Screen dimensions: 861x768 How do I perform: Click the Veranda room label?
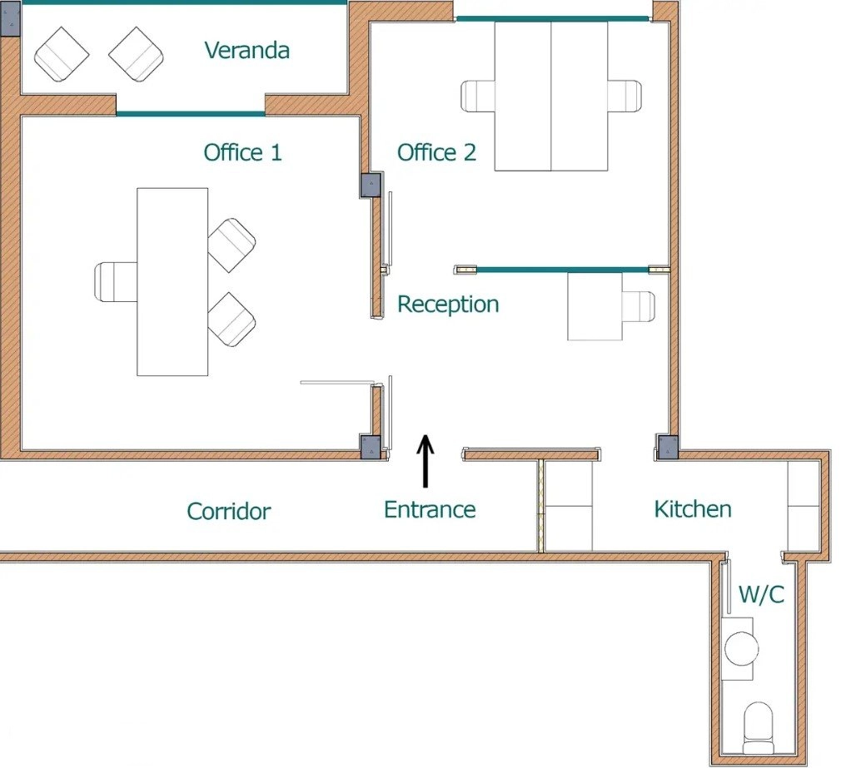pyautogui.click(x=247, y=51)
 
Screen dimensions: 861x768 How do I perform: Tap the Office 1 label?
pyautogui.click(x=242, y=152)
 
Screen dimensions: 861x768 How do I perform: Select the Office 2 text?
pyautogui.click(x=436, y=152)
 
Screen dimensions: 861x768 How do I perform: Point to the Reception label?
pyautogui.click(x=448, y=305)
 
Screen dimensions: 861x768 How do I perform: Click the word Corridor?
pyautogui.click(x=229, y=511)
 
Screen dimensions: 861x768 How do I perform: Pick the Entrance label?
pyautogui.click(x=430, y=509)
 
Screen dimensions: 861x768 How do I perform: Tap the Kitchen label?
pyautogui.click(x=693, y=509)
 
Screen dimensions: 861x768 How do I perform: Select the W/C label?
pyautogui.click(x=762, y=594)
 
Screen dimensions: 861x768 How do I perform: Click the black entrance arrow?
pyautogui.click(x=425, y=461)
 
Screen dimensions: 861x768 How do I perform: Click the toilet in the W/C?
pyautogui.click(x=759, y=728)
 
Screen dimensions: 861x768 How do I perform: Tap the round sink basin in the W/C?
pyautogui.click(x=742, y=648)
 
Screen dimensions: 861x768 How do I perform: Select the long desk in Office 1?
pyautogui.click(x=172, y=282)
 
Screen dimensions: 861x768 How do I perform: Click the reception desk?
pyautogui.click(x=595, y=306)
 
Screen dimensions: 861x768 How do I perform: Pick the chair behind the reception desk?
pyautogui.click(x=639, y=306)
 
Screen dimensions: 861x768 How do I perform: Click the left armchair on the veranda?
pyautogui.click(x=62, y=55)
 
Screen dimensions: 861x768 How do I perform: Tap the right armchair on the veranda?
pyautogui.click(x=137, y=55)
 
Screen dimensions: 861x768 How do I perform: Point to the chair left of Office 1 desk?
pyautogui.click(x=116, y=282)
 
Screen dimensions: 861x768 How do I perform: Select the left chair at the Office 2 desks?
pyautogui.click(x=478, y=96)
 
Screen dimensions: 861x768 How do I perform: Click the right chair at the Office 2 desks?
pyautogui.click(x=625, y=96)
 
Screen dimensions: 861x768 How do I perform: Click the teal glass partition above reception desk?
pyautogui.click(x=562, y=270)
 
